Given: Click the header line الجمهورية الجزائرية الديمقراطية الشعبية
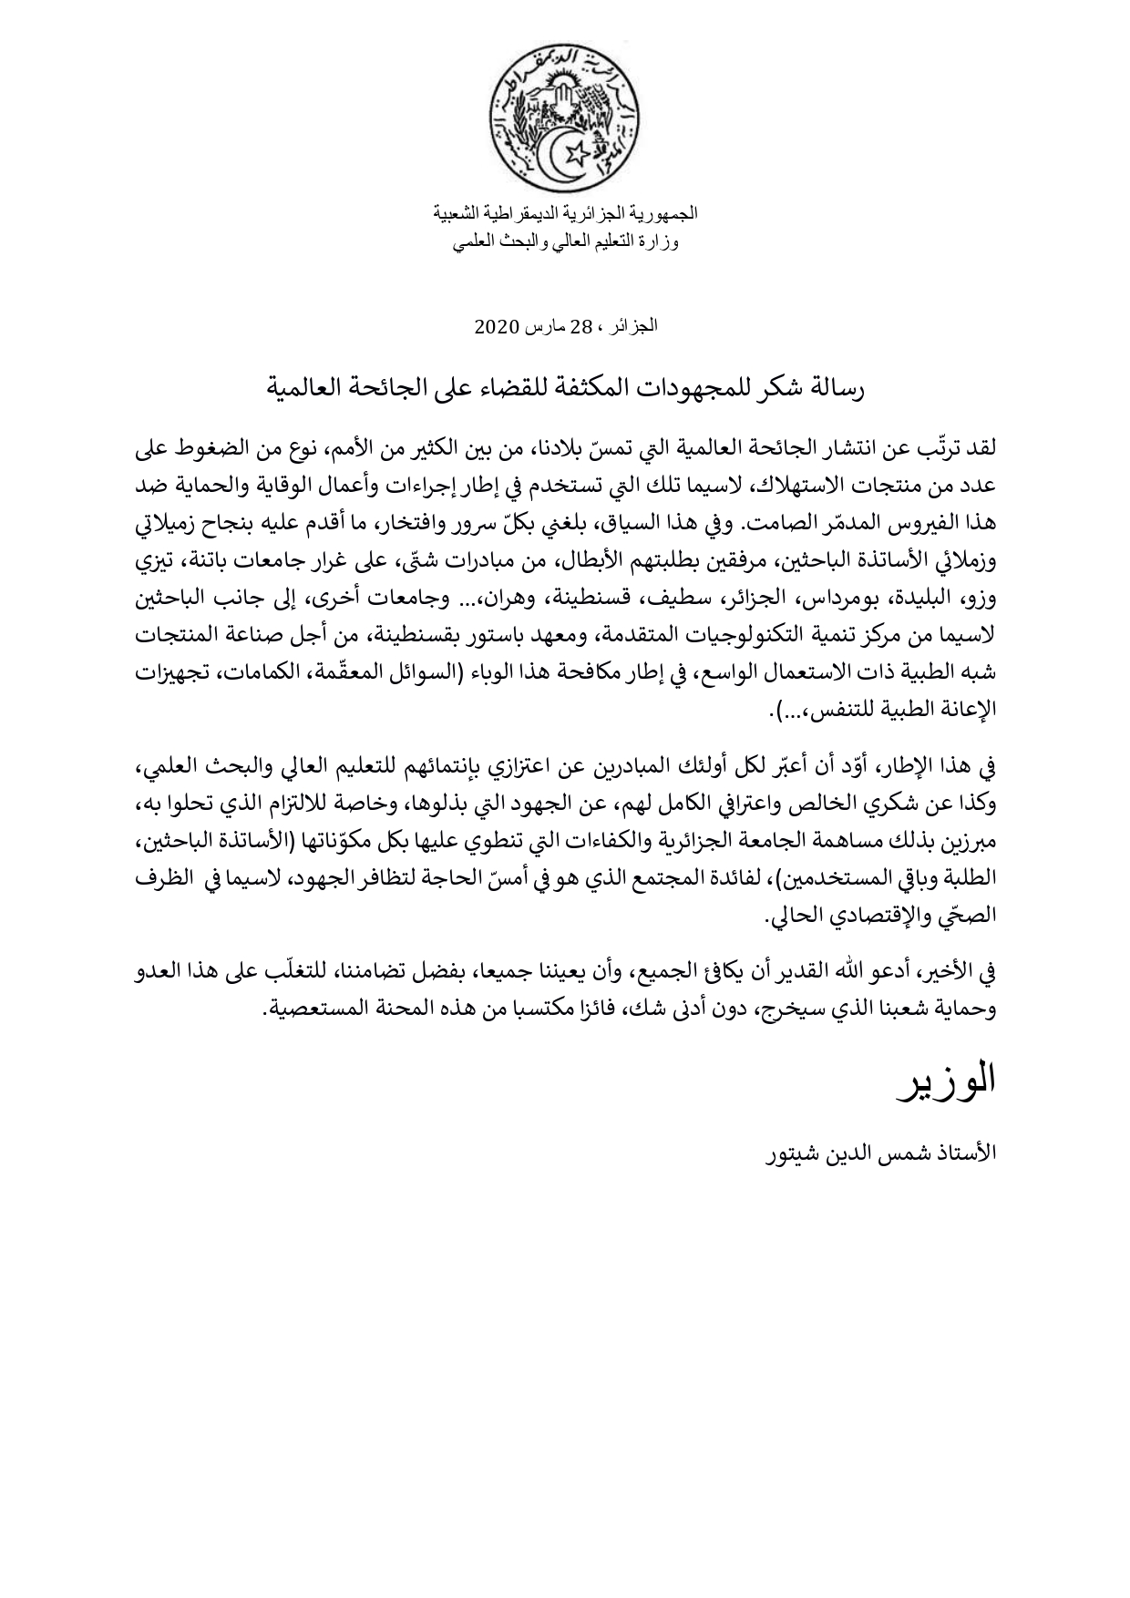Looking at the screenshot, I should pos(565,213).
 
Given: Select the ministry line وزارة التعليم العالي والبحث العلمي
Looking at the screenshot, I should pos(565,243).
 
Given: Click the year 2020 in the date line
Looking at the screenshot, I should pos(498,326).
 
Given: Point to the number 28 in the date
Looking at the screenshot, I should pos(581,326).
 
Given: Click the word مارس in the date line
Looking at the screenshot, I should pos(544,326).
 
